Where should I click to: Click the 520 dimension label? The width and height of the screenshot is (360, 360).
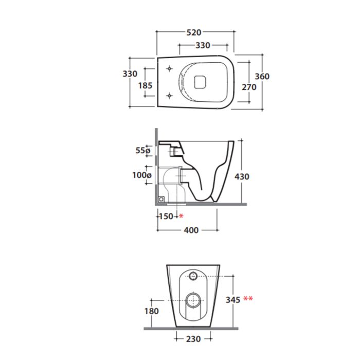point(194,32)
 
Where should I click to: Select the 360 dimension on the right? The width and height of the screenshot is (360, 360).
point(262,76)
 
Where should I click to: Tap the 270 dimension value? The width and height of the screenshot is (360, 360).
point(249,87)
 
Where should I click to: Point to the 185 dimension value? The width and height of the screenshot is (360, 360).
point(145,85)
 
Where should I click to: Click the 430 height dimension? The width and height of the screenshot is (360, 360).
point(242,176)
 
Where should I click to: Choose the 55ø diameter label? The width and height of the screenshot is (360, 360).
point(143,150)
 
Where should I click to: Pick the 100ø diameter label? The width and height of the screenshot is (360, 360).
point(142,175)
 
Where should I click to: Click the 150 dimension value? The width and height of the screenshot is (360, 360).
point(166,216)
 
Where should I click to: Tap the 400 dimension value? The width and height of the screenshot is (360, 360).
point(191,230)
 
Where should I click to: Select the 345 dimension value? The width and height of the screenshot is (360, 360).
point(233,300)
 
